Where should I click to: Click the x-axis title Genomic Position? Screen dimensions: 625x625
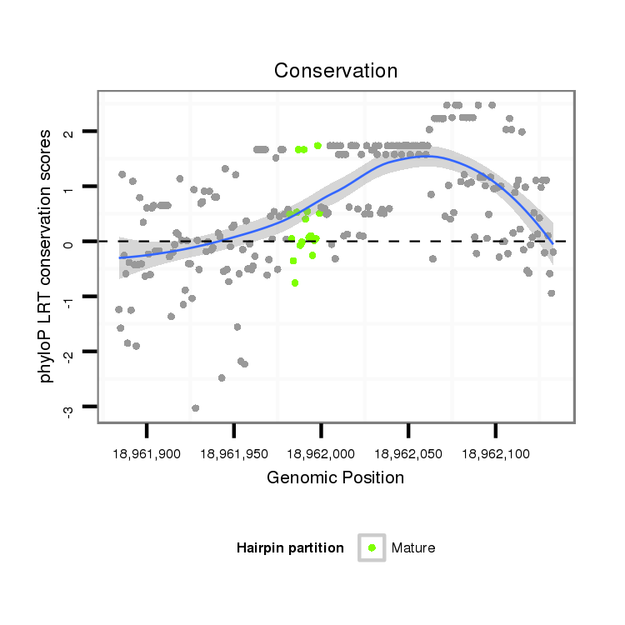pyautogui.click(x=335, y=477)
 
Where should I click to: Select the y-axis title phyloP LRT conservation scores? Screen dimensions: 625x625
pyautogui.click(x=47, y=255)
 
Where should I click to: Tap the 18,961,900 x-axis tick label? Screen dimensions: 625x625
pyautogui.click(x=147, y=454)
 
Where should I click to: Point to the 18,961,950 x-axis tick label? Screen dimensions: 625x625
pyautogui.click(x=234, y=454)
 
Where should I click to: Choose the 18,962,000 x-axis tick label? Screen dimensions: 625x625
pyautogui.click(x=322, y=454)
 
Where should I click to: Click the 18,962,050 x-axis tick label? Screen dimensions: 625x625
pyautogui.click(x=408, y=454)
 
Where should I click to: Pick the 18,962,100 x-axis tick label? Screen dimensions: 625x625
pyautogui.click(x=496, y=454)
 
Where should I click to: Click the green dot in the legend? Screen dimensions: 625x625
pyautogui.click(x=372, y=547)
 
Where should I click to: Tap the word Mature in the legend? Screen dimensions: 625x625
pyautogui.click(x=413, y=547)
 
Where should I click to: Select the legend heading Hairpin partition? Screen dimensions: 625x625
pyautogui.click(x=290, y=547)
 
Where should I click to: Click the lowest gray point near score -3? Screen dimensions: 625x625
pyautogui.click(x=195, y=407)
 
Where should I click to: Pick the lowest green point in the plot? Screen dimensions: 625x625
pyautogui.click(x=295, y=282)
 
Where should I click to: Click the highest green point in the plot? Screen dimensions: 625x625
pyautogui.click(x=317, y=146)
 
